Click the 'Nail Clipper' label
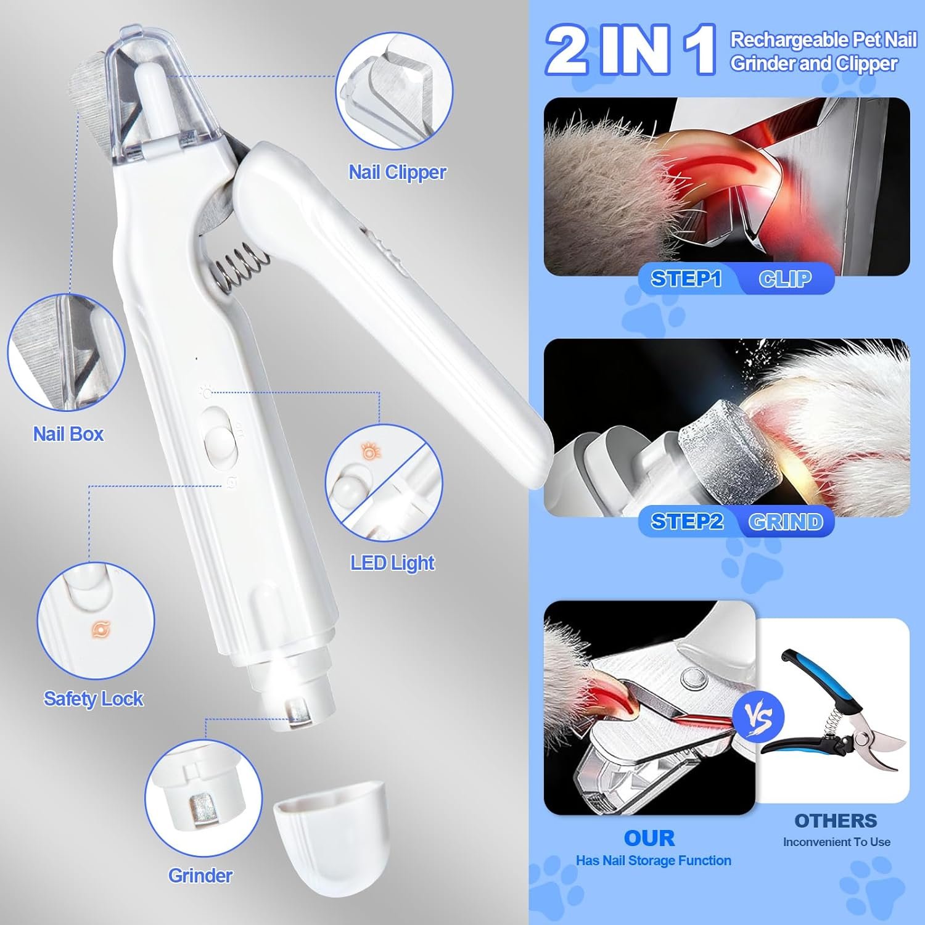(x=398, y=173)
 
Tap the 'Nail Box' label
(x=68, y=434)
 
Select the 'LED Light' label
(x=393, y=563)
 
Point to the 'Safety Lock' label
(x=93, y=699)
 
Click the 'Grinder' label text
(x=200, y=876)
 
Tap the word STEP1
(x=686, y=279)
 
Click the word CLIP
(x=785, y=279)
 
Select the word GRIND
(x=786, y=522)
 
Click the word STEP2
(x=687, y=522)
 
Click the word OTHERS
(x=836, y=821)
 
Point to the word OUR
(x=649, y=838)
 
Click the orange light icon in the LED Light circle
(x=369, y=453)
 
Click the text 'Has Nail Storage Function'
(x=653, y=861)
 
